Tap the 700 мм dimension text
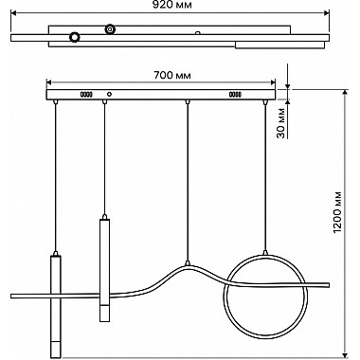pos(172,75)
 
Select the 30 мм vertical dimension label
pos(281,123)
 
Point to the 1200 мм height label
pos(337,212)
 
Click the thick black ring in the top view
pos(75,37)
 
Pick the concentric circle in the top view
pos(110,29)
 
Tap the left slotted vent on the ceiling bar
pos(86,94)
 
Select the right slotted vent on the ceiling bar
pos(235,94)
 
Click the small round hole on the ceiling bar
pos(110,94)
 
